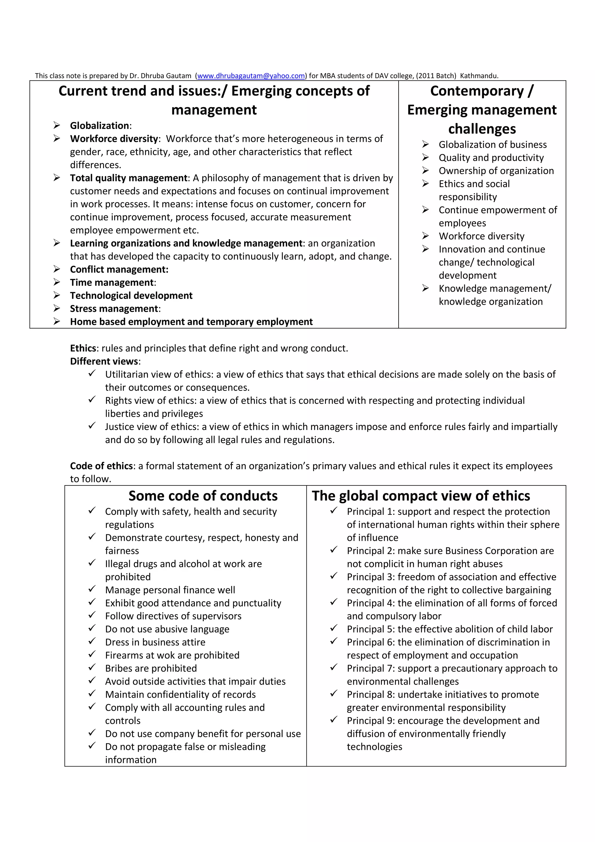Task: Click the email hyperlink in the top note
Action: (x=251, y=76)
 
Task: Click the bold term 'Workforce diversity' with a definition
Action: (x=114, y=139)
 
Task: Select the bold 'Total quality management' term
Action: (x=129, y=178)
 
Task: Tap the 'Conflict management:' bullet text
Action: (x=119, y=270)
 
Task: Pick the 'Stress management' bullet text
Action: (x=114, y=309)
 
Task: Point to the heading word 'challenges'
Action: (x=482, y=129)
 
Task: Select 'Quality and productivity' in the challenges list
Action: (x=491, y=158)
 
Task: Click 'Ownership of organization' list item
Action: (x=496, y=171)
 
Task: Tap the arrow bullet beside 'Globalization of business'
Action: (x=425, y=144)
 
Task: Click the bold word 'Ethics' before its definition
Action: (x=83, y=348)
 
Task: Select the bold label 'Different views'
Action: (x=104, y=361)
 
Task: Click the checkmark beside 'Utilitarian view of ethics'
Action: (x=92, y=373)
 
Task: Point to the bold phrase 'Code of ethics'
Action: (x=101, y=466)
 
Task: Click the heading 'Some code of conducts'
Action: (x=203, y=496)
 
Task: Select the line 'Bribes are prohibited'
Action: (x=151, y=668)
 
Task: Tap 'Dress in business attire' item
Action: (x=155, y=642)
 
